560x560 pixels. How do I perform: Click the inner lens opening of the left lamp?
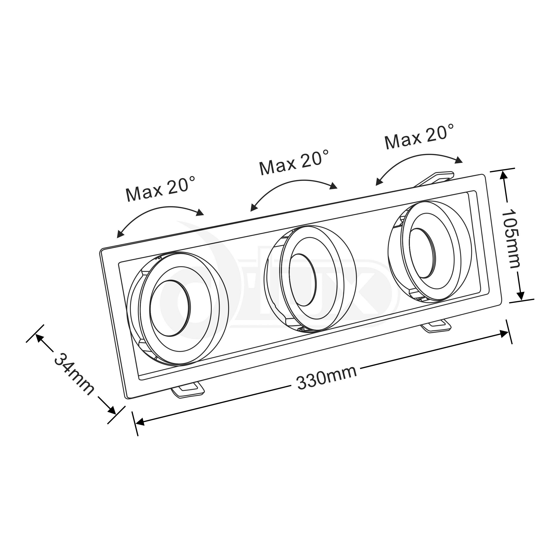[170, 308]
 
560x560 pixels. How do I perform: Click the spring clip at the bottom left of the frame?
[188, 392]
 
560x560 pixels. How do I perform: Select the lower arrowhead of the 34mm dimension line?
[112, 410]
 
